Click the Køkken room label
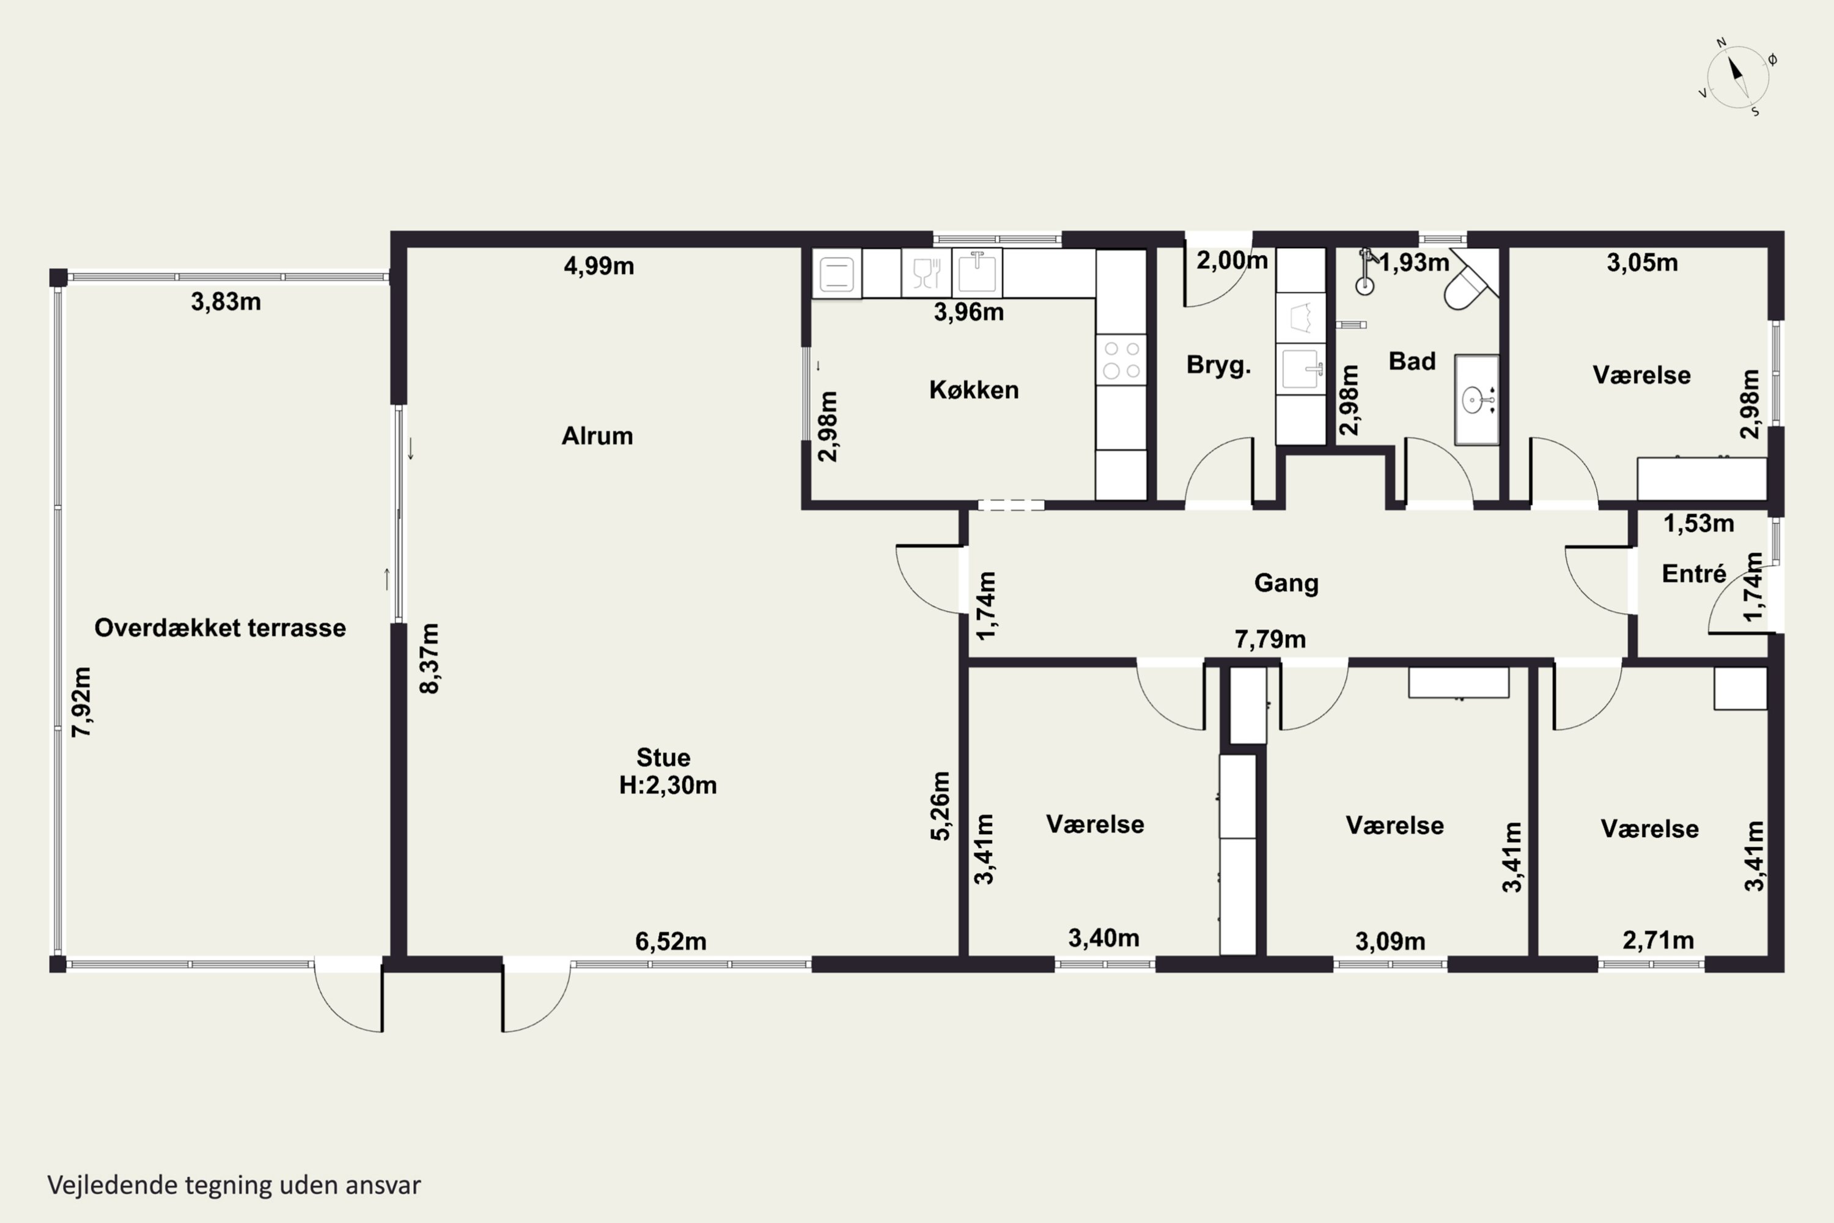(x=974, y=390)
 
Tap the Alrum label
(x=597, y=436)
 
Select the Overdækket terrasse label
(x=220, y=628)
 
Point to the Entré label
(x=1693, y=574)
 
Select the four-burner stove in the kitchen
(x=1121, y=360)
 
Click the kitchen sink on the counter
(x=976, y=273)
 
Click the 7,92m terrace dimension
(x=82, y=701)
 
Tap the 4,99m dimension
(x=599, y=266)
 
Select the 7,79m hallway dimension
(x=1270, y=640)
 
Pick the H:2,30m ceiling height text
(x=668, y=785)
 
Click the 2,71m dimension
(x=1659, y=940)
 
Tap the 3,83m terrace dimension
(x=226, y=302)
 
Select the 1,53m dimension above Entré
(x=1699, y=523)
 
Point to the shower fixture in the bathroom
(x=1364, y=272)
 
